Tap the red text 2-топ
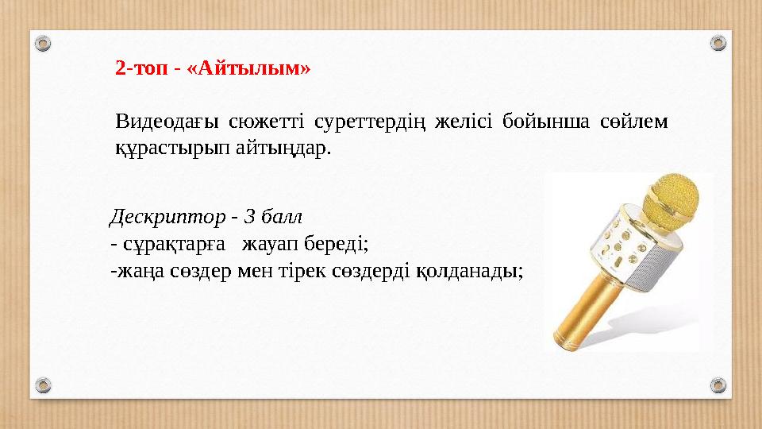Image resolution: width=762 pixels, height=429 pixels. (144, 68)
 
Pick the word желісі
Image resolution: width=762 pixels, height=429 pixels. (472, 122)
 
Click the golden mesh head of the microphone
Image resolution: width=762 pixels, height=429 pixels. (672, 198)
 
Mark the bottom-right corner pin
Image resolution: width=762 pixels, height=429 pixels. (718, 386)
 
